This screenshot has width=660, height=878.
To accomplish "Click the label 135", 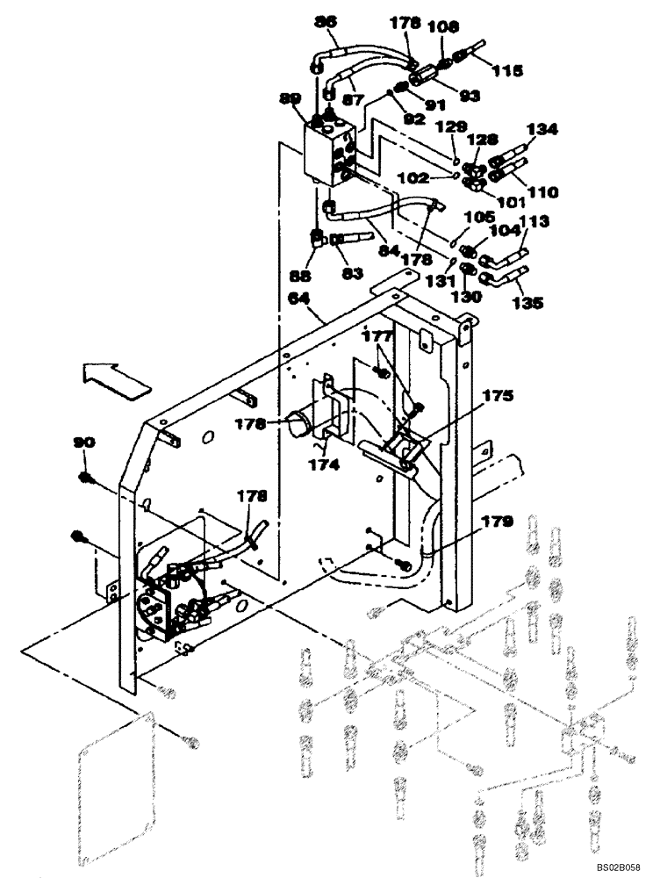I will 527,303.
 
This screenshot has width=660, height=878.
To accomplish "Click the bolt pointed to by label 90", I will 85,478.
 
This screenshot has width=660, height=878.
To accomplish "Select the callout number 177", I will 377,335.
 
